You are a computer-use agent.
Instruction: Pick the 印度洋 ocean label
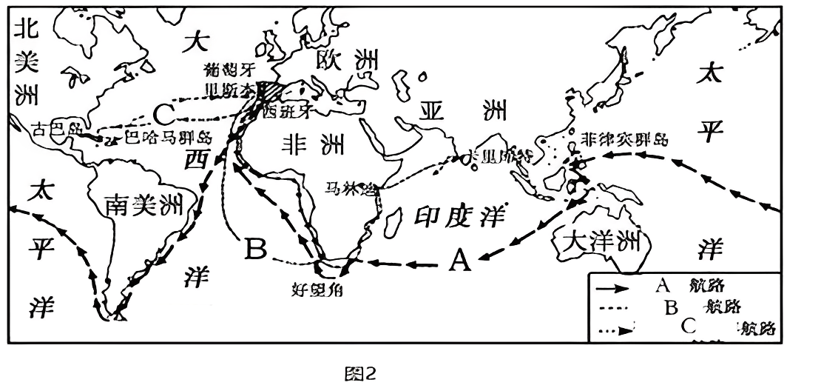(459, 215)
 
